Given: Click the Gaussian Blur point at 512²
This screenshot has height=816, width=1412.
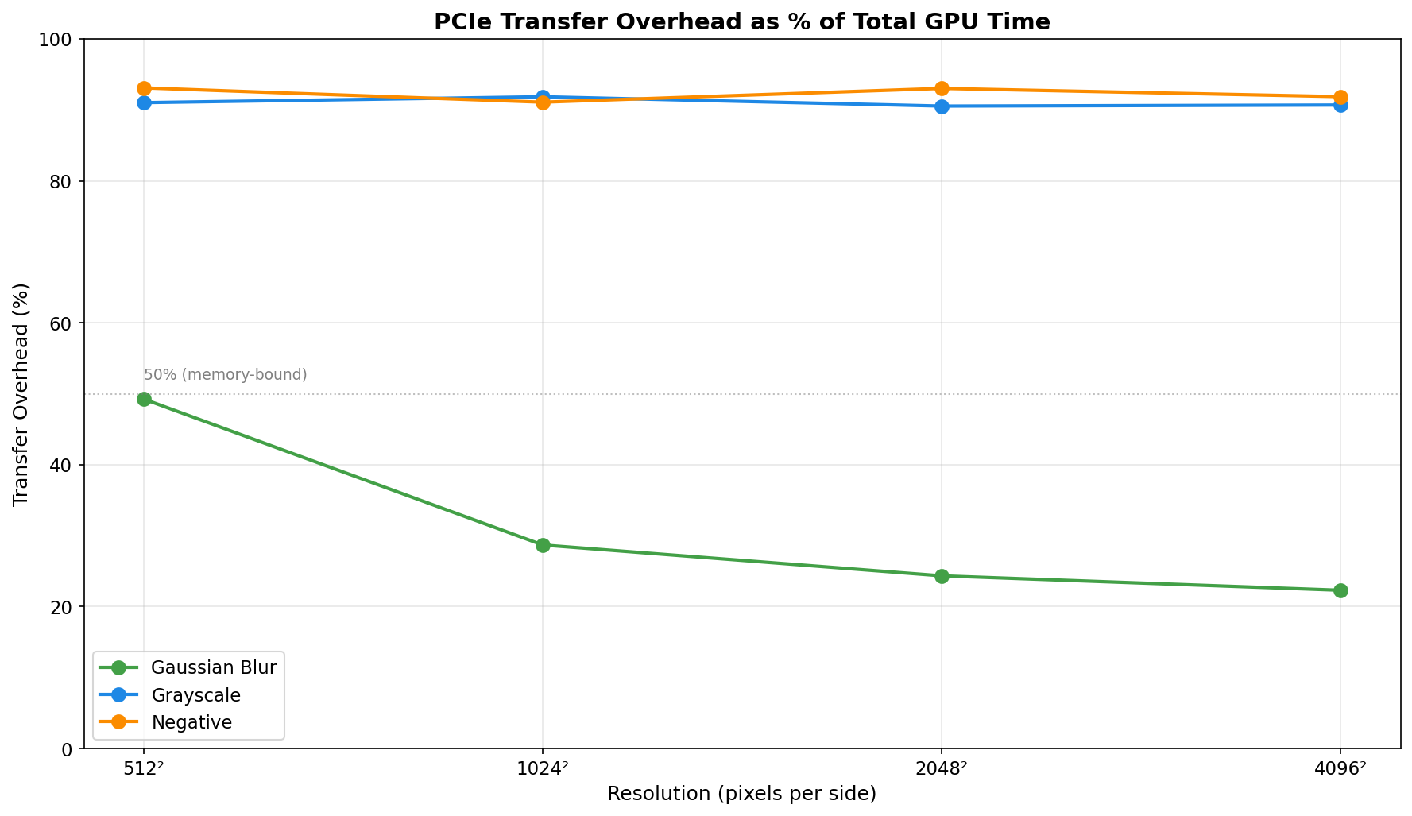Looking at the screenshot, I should (x=144, y=399).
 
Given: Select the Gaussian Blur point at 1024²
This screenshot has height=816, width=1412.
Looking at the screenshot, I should (x=543, y=545).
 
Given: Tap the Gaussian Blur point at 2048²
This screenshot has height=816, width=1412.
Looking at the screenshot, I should (x=942, y=576).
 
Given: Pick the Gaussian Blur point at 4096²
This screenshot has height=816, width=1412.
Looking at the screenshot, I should (x=1340, y=590).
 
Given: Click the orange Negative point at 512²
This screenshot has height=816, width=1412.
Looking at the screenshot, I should (x=144, y=88).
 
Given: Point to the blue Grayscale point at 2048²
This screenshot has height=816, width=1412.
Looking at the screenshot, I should (x=942, y=106).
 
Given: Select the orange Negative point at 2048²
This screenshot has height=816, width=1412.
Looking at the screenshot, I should (x=942, y=88).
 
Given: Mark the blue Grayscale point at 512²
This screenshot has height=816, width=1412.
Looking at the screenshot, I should (x=144, y=102).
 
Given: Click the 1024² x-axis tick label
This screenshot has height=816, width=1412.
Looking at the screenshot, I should (x=543, y=768).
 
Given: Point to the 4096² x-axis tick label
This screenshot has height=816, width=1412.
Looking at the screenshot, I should (x=1340, y=768).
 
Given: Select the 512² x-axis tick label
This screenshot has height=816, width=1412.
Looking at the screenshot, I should (x=144, y=768).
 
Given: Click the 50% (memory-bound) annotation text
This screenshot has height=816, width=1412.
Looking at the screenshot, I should (x=225, y=375).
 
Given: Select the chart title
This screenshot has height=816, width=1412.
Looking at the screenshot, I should (x=741, y=21).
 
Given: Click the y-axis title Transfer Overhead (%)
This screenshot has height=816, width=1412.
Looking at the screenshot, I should (x=21, y=394).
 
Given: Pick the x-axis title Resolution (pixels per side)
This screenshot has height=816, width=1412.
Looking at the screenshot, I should (x=741, y=794).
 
